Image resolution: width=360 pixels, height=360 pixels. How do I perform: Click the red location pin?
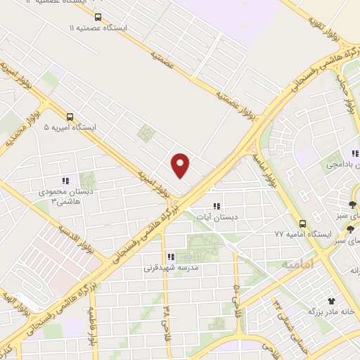tap(181, 165)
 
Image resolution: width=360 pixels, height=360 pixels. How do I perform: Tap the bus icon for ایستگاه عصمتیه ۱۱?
tap(97, 17)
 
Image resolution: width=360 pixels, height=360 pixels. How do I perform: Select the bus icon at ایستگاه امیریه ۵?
tap(70, 117)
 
